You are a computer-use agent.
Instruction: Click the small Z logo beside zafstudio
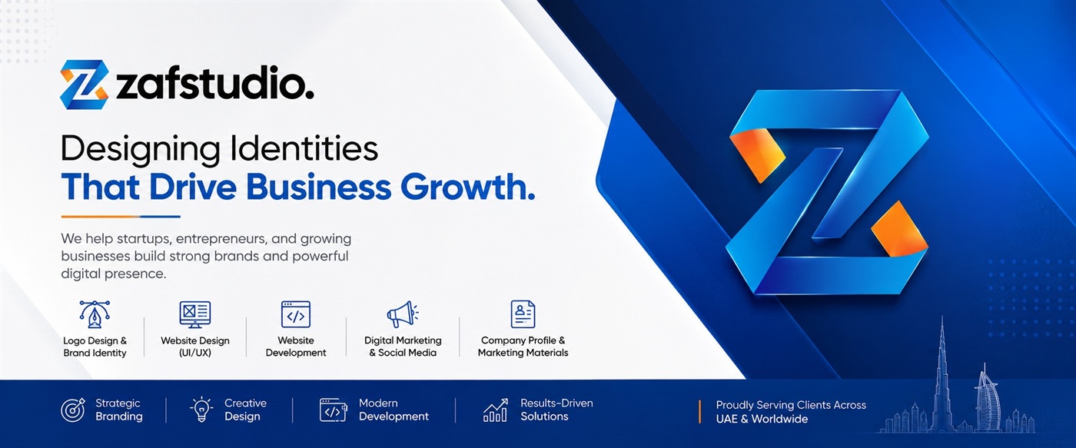84,85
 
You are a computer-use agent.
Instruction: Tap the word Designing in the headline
140,150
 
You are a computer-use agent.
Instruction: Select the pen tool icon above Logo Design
95,314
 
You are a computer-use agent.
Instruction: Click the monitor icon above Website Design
194,314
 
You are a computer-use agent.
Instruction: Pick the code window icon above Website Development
295,314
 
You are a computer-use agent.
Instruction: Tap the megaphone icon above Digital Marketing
403,314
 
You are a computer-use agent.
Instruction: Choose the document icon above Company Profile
523,314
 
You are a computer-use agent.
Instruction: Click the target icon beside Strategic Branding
73,410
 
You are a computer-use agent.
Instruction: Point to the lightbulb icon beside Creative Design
201,410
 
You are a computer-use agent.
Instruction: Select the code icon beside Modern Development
333,410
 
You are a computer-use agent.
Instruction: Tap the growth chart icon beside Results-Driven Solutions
495,410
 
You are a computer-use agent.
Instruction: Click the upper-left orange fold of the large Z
757,154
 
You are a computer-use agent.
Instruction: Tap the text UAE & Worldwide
762,420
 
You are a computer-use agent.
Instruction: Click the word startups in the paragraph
144,239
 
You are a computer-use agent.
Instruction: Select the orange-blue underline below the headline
121,217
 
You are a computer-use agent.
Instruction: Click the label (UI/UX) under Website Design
194,353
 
